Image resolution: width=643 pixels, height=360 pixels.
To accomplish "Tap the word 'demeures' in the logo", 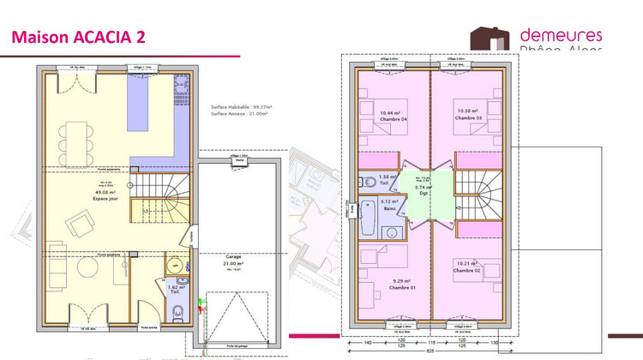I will pyautogui.click(x=562, y=35).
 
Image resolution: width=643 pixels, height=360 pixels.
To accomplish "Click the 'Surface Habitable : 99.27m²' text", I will pyautogui.click(x=240, y=107).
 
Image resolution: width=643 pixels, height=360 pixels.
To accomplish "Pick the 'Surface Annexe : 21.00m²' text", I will pyautogui.click(x=239, y=113).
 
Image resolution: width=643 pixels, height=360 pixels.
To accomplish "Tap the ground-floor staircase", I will pyautogui.click(x=164, y=197).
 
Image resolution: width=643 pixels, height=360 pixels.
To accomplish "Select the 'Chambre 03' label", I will pyautogui.click(x=469, y=116).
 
